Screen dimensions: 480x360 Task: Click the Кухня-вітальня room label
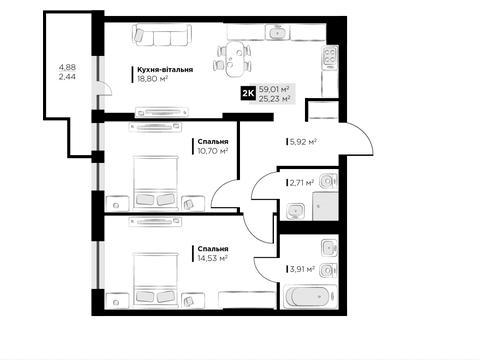coord(165,70)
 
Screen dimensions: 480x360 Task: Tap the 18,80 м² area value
coord(152,79)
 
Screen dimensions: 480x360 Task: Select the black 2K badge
coord(248,94)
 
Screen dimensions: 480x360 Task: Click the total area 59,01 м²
coord(274,89)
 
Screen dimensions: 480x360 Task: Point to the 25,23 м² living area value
coord(274,98)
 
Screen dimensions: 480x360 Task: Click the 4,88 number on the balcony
coord(67,67)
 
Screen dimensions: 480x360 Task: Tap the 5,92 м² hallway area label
coord(303,142)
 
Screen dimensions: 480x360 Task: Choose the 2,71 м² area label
coord(302,183)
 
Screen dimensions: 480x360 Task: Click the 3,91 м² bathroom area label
coord(302,269)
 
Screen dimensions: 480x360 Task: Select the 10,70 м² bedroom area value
coord(213,151)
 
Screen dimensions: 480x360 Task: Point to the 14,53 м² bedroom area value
coord(213,258)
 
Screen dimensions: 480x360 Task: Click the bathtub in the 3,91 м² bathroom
coord(308,297)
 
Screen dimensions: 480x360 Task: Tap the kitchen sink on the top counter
coord(276,33)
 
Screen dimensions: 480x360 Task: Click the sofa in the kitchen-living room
coord(162,35)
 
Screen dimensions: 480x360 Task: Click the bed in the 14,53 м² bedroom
coord(154,279)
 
